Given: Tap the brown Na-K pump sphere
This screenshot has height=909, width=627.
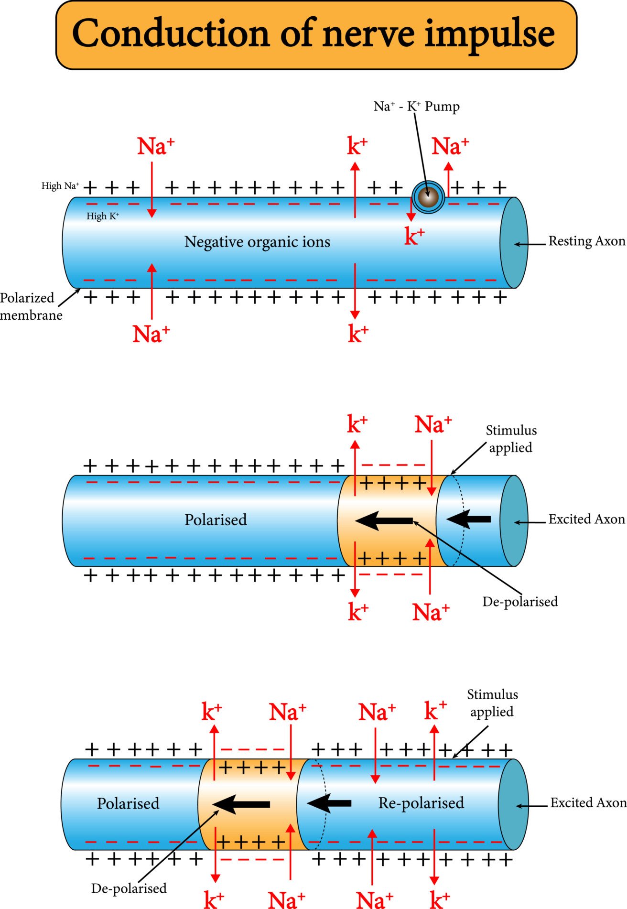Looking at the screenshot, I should click(x=428, y=196).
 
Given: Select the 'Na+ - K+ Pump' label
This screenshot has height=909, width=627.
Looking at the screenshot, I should click(x=416, y=106).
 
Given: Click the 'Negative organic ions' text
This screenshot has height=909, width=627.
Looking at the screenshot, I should click(x=257, y=242).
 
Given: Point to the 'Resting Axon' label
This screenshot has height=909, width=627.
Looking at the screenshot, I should click(x=586, y=241).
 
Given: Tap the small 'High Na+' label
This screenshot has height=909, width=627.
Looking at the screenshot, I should click(x=60, y=186).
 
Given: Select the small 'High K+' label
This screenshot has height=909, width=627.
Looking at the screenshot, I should click(x=103, y=216).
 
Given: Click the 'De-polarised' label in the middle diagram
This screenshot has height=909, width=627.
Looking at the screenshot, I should click(x=520, y=601).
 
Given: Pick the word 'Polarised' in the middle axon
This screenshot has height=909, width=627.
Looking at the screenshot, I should click(x=216, y=519).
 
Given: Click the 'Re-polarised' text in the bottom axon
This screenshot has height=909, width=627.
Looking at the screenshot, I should click(x=421, y=803).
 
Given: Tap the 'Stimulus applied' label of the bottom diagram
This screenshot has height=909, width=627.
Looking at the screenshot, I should click(x=492, y=703).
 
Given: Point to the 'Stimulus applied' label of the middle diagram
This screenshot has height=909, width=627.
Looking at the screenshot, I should click(x=511, y=439).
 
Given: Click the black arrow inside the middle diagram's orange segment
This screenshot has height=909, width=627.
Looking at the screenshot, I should click(x=385, y=520).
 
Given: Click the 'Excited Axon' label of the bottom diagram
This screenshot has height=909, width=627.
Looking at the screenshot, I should click(x=588, y=803).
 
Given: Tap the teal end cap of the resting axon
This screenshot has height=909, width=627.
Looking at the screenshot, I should click(x=514, y=243).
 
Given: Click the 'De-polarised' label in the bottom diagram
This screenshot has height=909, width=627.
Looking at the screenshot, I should click(x=129, y=888).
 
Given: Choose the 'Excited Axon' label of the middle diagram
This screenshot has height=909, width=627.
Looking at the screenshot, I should click(x=586, y=519).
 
